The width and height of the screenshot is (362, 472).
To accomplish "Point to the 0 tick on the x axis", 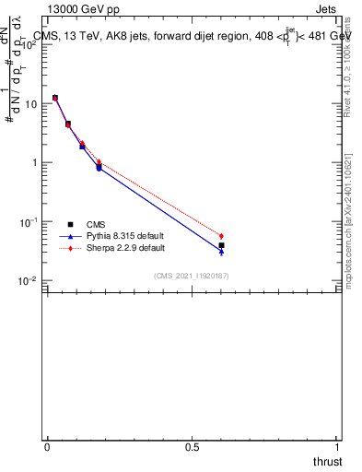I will [x=47, y=446].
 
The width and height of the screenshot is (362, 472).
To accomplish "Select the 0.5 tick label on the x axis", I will [x=192, y=446].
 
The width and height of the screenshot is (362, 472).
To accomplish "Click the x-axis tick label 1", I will [x=337, y=446].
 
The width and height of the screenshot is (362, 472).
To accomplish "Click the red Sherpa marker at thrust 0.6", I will [x=221, y=236].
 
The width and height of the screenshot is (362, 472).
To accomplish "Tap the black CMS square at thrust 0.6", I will [x=221, y=245].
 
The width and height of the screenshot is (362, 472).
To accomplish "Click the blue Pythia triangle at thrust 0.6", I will [x=221, y=251].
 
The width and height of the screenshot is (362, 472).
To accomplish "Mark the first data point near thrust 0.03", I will [x=55, y=97].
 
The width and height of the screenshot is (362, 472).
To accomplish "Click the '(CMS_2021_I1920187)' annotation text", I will [x=192, y=275].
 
